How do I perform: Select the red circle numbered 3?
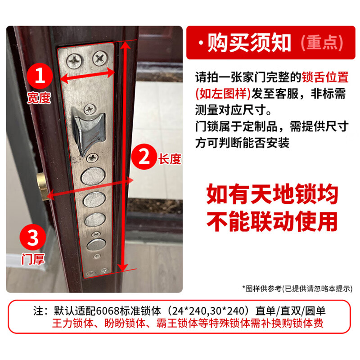pos(33,238)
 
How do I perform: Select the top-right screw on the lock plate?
pos(99,58)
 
